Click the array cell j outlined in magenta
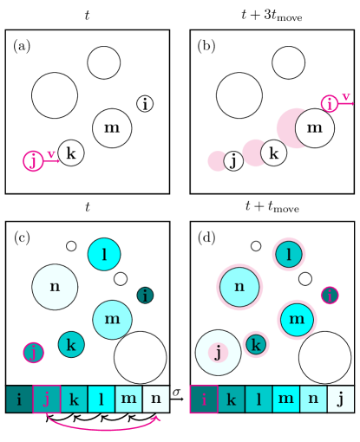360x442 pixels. coord(47,399)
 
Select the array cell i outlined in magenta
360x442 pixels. coord(204,399)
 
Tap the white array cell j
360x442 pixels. coord(340,399)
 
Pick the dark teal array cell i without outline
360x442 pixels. coord(19,399)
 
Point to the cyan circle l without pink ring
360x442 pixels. coord(104,254)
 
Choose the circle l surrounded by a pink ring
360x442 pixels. coord(288,254)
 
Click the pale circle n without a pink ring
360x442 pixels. coord(55,287)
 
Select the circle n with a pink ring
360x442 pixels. coord(239,287)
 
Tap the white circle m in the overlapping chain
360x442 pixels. coord(314,128)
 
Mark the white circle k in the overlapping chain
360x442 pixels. coord(273,153)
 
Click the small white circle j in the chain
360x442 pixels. coord(233,161)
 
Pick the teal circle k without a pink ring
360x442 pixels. coord(71,344)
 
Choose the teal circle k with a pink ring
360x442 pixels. coord(255,344)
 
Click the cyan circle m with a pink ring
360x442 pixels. coord(297,319)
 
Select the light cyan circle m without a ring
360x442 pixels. coord(112,319)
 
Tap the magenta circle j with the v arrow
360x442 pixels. coord(33,161)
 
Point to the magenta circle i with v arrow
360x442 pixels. coord(329,104)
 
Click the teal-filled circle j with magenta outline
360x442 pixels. coord(34,352)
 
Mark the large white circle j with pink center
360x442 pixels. coord(218,352)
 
